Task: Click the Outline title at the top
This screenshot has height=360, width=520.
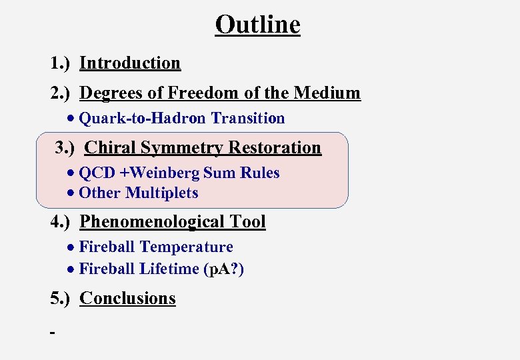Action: click(257, 25)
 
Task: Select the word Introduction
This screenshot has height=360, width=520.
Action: click(130, 63)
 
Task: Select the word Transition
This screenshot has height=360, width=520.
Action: click(248, 119)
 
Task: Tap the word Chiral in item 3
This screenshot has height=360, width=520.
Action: click(108, 147)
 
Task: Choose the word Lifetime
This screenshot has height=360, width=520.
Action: click(169, 269)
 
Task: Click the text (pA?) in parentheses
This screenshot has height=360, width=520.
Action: click(223, 269)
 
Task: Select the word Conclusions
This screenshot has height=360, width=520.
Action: click(127, 298)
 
